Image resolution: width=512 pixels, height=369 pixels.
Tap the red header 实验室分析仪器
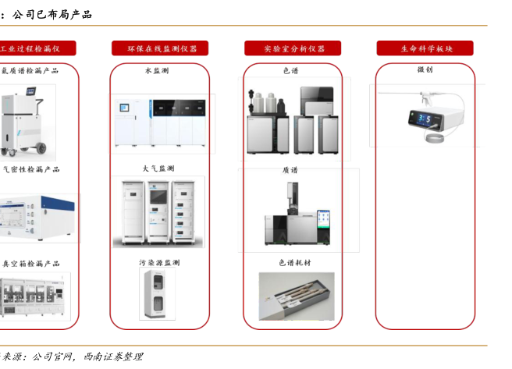[x=294, y=48]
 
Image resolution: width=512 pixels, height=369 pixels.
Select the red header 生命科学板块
[x=425, y=48]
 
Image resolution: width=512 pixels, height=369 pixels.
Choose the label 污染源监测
[x=159, y=263]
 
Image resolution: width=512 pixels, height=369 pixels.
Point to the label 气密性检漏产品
[x=31, y=169]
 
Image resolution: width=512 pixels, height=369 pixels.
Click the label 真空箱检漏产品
[x=31, y=264]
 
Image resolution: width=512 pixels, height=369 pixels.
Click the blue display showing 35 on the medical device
[x=428, y=119]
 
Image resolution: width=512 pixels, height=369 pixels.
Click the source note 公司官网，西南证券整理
[x=86, y=357]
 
